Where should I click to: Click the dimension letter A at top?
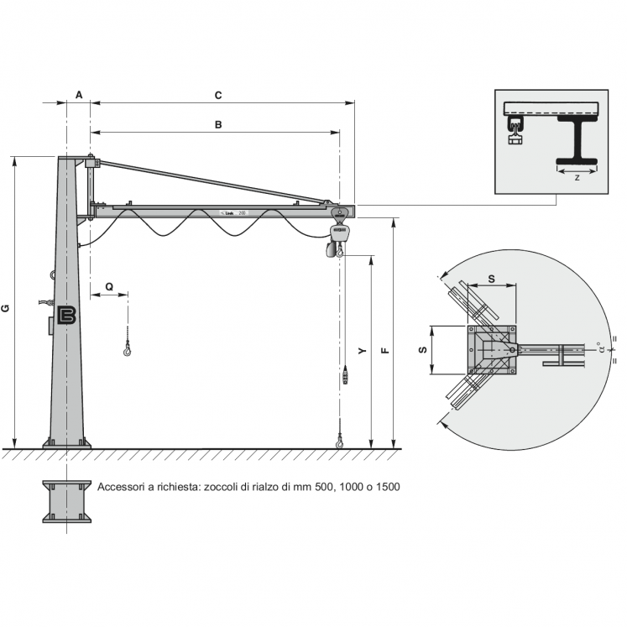coord(79,95)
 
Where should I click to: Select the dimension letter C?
coord(218,95)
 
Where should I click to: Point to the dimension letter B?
coord(218,125)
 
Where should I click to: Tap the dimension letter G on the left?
coord(6,308)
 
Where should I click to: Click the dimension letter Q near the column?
coord(109,286)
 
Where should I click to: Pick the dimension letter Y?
coord(362,352)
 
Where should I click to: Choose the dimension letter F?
coord(384,352)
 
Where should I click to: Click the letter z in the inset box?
coord(577,178)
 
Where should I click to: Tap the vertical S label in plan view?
coord(422,348)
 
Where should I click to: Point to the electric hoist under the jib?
coord(338,238)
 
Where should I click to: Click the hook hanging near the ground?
coord(339,439)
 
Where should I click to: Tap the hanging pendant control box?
coord(345,376)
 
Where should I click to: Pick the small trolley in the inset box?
coord(515,130)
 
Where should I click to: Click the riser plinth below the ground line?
coord(67,501)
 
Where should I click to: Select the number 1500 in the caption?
coord(385,487)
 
